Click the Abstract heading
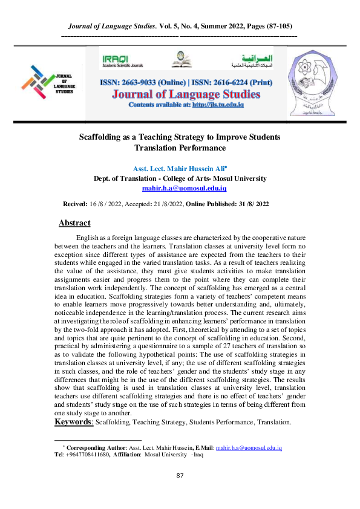(x=74, y=223)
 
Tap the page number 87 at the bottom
(x=180, y=476)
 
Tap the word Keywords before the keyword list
(x=74, y=421)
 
